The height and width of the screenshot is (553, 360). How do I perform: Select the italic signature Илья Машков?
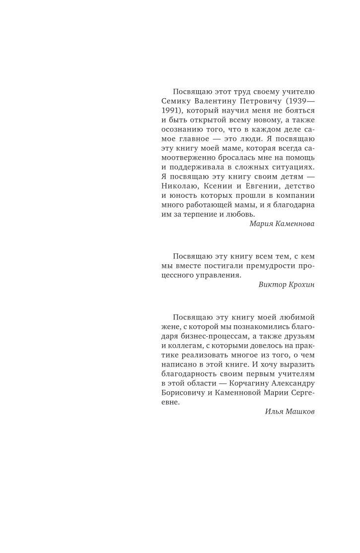290,412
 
